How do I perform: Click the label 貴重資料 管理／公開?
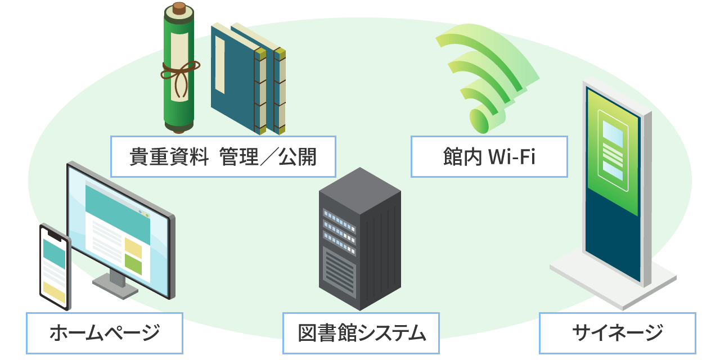[223, 156]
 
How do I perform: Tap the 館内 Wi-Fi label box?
[489, 156]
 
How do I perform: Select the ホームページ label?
[105, 333]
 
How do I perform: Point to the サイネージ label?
[617, 333]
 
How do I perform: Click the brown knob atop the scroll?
[179, 8]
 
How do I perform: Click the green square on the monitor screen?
[133, 264]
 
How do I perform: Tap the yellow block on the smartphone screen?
[55, 291]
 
